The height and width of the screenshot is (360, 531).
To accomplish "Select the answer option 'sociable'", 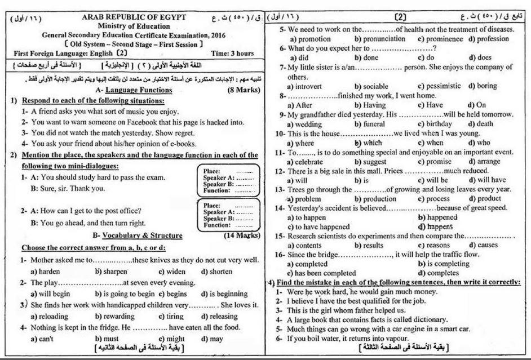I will tap(373, 86).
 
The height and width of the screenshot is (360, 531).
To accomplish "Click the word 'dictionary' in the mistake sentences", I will tap(408, 319).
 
